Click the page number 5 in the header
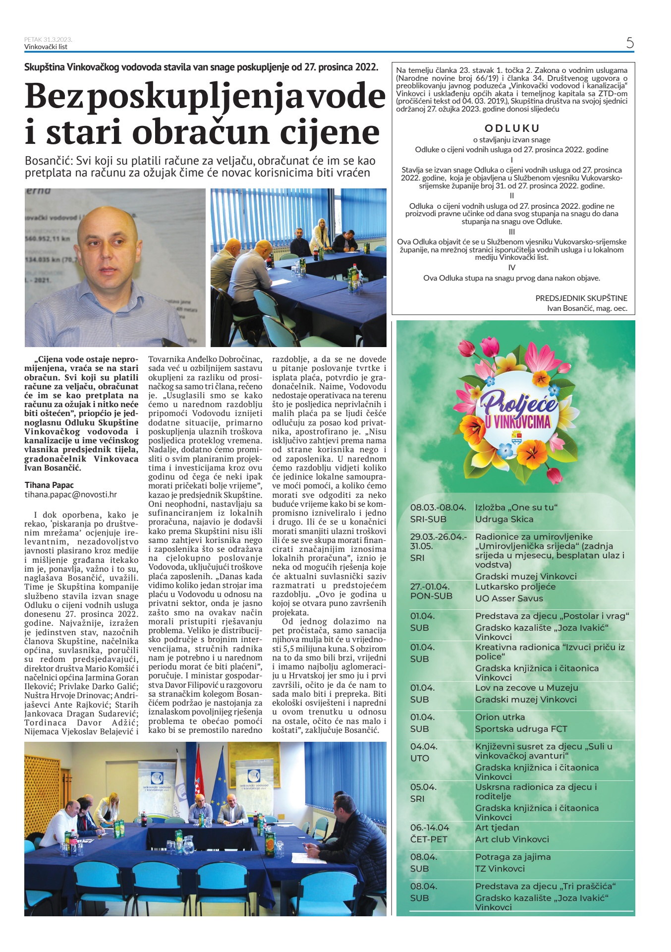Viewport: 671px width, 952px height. (x=629, y=43)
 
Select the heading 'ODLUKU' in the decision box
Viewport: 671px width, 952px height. (x=512, y=128)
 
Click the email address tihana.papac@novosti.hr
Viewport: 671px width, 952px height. (x=71, y=494)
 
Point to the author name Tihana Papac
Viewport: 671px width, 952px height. (x=49, y=485)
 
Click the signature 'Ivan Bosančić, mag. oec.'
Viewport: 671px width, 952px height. (x=587, y=308)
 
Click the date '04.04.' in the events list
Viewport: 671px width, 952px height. (x=423, y=746)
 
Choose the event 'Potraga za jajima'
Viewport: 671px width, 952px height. (x=512, y=857)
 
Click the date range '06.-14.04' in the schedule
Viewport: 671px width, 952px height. (x=430, y=828)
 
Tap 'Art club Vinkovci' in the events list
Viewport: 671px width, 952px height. (x=512, y=839)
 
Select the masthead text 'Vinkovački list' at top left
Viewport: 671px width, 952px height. (x=46, y=47)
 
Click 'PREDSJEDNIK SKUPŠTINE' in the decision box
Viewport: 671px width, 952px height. (x=581, y=298)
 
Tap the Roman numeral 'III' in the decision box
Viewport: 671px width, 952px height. (x=512, y=232)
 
